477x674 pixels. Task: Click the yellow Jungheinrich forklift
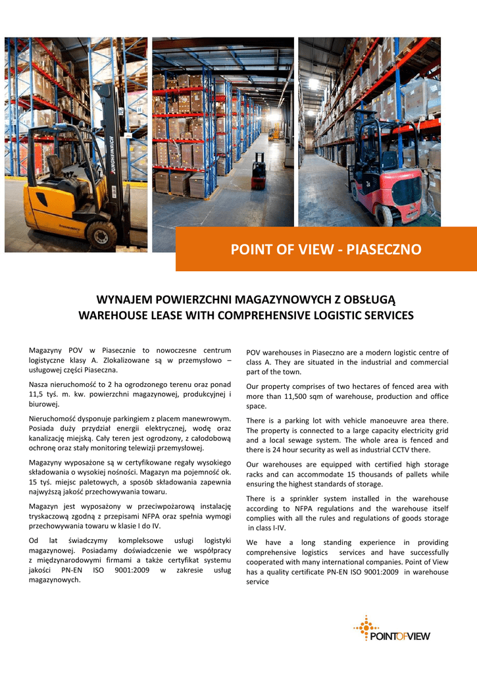(x=72, y=184)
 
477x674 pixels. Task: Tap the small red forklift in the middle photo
(x=259, y=172)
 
